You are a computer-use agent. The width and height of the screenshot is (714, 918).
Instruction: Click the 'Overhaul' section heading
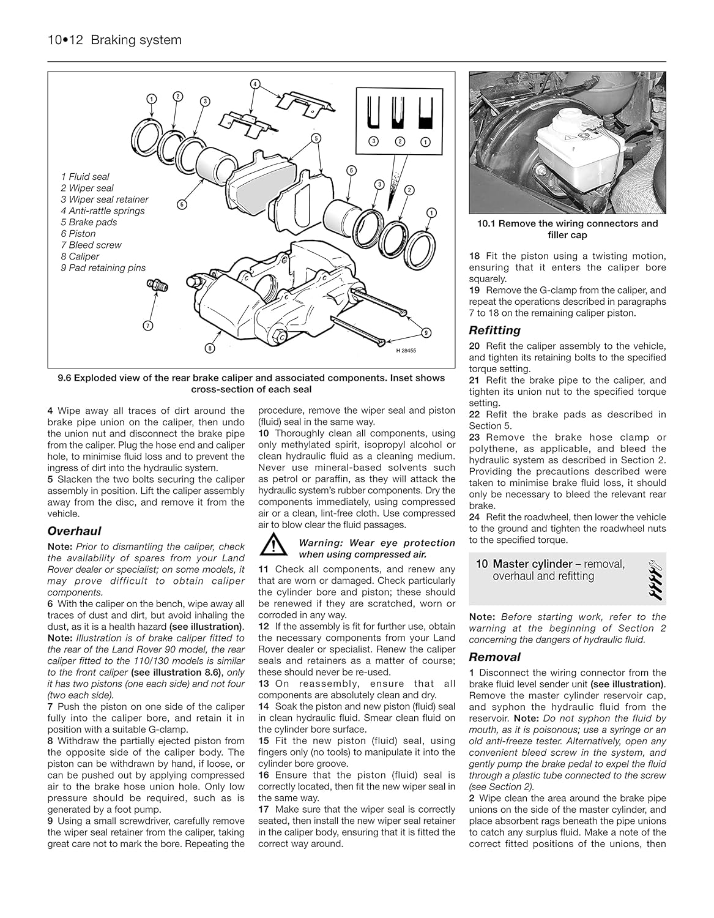(74, 531)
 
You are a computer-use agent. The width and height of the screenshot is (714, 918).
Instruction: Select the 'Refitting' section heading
(494, 330)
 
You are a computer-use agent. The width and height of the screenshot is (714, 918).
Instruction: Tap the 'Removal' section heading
(494, 657)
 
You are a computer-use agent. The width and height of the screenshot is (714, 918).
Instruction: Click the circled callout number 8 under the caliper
(210, 348)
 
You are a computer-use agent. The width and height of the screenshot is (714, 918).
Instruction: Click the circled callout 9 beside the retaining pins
(426, 334)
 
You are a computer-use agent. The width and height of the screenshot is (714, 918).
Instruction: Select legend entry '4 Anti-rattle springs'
(102, 211)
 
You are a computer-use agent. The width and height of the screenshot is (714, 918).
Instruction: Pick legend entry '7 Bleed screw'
(91, 245)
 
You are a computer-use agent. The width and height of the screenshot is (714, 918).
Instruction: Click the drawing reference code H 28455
(405, 350)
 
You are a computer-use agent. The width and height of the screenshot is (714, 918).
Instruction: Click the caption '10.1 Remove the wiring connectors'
(567, 223)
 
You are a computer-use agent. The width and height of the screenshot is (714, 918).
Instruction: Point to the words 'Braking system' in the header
(136, 40)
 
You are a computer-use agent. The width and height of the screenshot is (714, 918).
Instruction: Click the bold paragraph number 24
(475, 517)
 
